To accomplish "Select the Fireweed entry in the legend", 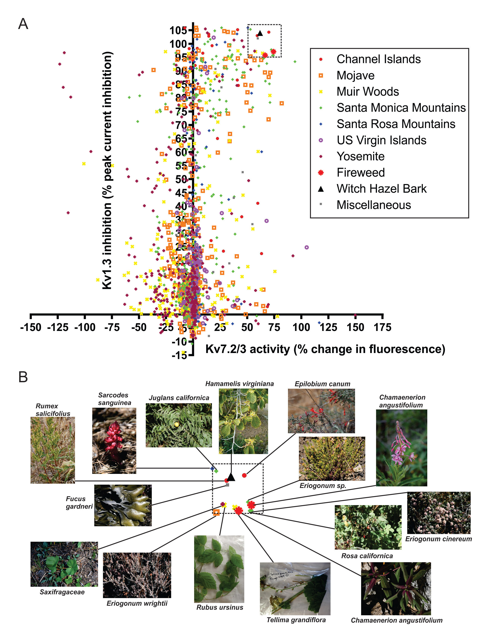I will tap(361, 173).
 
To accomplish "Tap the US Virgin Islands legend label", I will tap(381, 140).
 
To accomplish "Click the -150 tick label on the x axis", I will tap(31, 327).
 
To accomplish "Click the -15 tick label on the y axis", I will tap(179, 355).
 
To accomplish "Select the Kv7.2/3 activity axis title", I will tap(325, 349).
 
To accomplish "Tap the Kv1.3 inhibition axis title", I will tap(107, 170).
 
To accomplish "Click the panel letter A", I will tap(23, 24).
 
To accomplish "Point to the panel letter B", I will tap(23, 377).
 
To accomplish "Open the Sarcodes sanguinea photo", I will tap(114, 440).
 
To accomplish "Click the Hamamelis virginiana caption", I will tap(239, 384).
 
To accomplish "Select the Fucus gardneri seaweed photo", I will tap(123, 505).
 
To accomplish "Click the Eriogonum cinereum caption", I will tap(438, 539).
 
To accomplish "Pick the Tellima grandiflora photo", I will tap(295, 589).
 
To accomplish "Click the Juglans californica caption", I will tap(179, 398).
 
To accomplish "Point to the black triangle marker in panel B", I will tap(231, 477).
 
